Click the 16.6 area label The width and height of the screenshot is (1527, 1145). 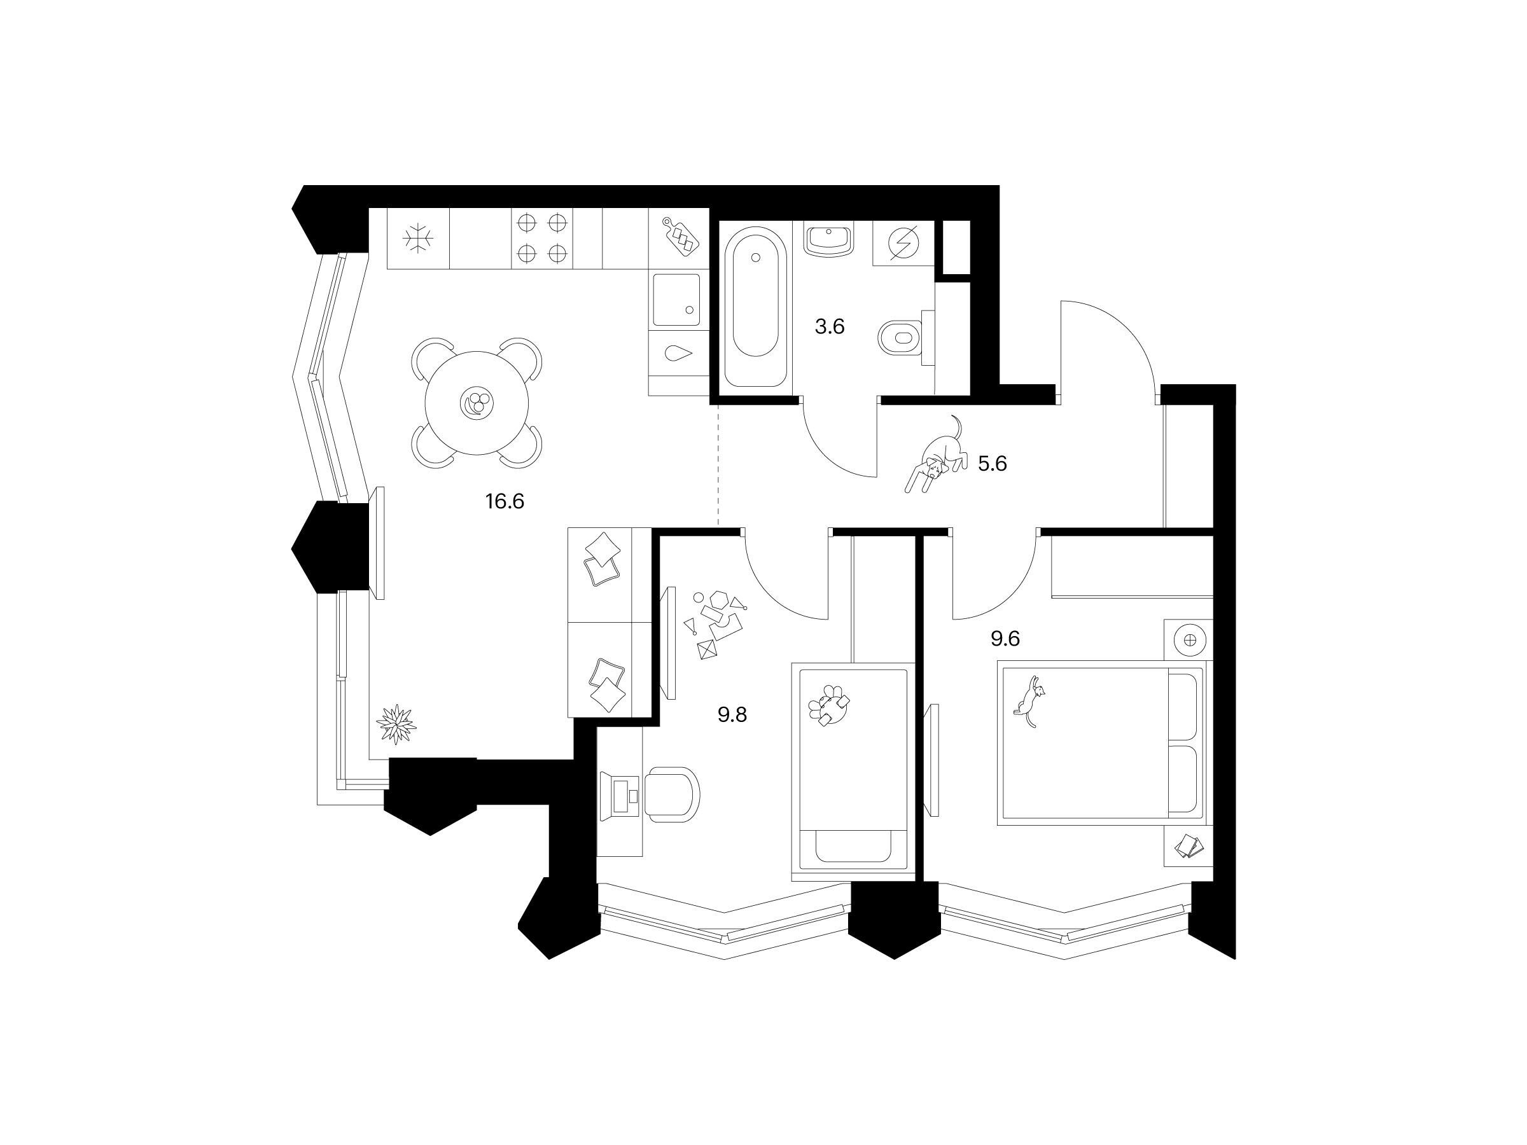505,501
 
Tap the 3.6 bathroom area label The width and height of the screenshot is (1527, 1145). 829,326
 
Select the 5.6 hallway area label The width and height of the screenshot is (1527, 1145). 992,464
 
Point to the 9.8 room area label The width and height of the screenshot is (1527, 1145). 732,714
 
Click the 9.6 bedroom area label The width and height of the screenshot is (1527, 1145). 1005,639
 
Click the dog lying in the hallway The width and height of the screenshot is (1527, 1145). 937,455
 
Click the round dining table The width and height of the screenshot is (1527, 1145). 477,403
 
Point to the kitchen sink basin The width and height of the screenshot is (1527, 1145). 676,300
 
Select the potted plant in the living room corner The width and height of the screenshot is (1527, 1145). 396,724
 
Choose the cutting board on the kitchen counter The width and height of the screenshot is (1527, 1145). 681,237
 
